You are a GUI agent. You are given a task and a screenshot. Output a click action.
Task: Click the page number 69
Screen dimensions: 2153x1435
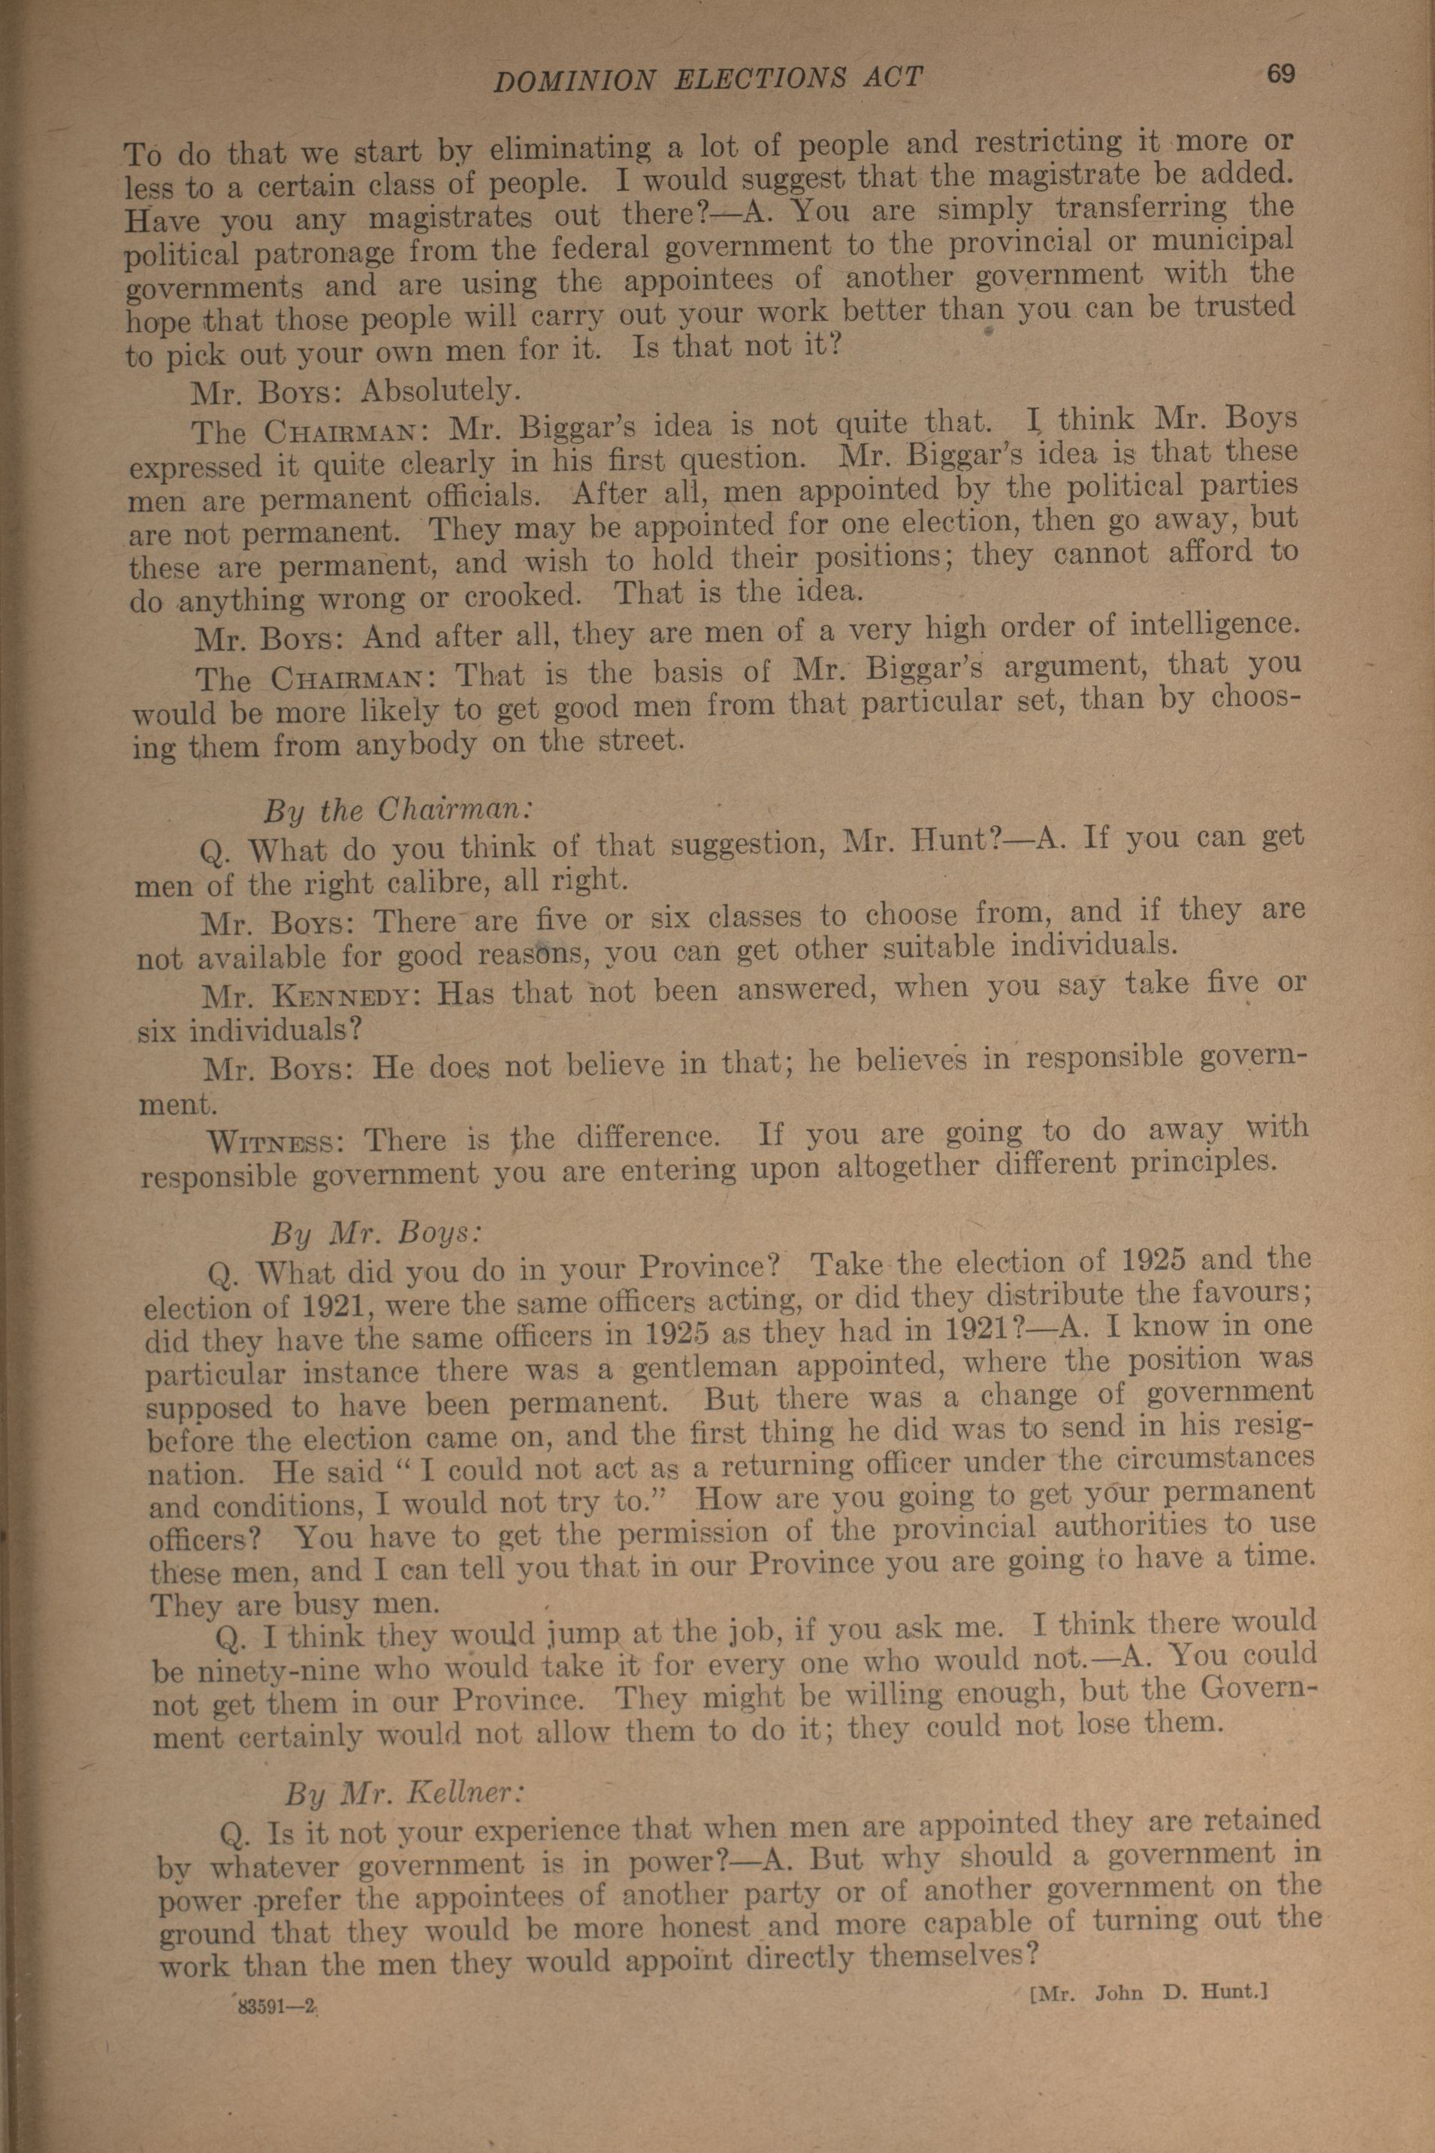point(1280,74)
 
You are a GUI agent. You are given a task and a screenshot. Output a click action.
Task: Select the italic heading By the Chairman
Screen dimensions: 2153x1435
point(398,811)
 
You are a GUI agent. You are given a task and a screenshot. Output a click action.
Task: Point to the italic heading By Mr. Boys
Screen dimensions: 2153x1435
point(375,1234)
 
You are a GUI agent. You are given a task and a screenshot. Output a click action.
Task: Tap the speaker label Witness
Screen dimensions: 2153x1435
point(274,1142)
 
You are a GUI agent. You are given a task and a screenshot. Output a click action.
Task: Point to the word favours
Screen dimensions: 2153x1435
point(1246,1293)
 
